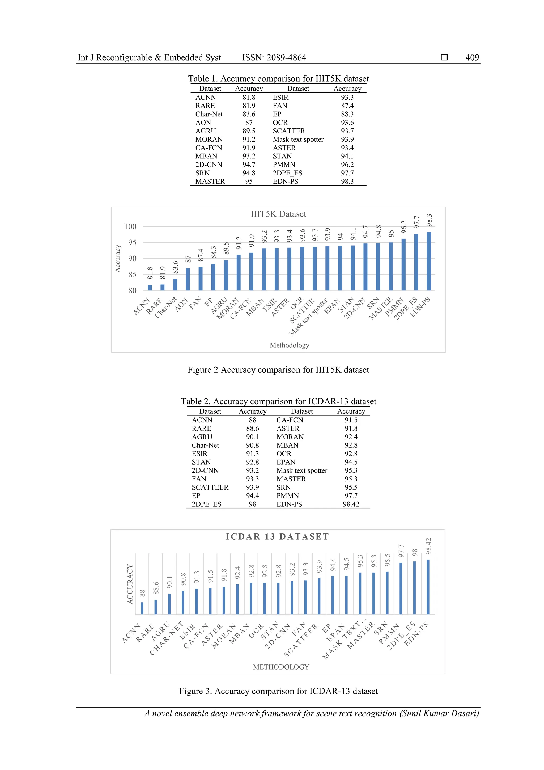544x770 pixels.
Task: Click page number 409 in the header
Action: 472,58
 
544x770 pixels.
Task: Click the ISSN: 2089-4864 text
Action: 274,58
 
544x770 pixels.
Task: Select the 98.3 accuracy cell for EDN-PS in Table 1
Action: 347,182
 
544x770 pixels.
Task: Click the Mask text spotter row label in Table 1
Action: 298,140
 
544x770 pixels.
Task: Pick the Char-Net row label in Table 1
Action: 209,114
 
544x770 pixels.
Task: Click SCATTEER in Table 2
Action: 210,487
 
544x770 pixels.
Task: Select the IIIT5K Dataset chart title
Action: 278,214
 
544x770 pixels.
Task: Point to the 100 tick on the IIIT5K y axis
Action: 130,227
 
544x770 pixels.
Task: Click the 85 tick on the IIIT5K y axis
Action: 132,275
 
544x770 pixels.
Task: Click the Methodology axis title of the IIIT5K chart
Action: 289,345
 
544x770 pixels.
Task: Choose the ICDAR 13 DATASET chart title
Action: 278,537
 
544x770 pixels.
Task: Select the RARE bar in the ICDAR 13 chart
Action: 156,607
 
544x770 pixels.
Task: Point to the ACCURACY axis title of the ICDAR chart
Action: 130,584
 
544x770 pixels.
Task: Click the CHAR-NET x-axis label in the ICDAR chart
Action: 167,638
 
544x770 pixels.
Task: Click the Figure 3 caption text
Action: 278,691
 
